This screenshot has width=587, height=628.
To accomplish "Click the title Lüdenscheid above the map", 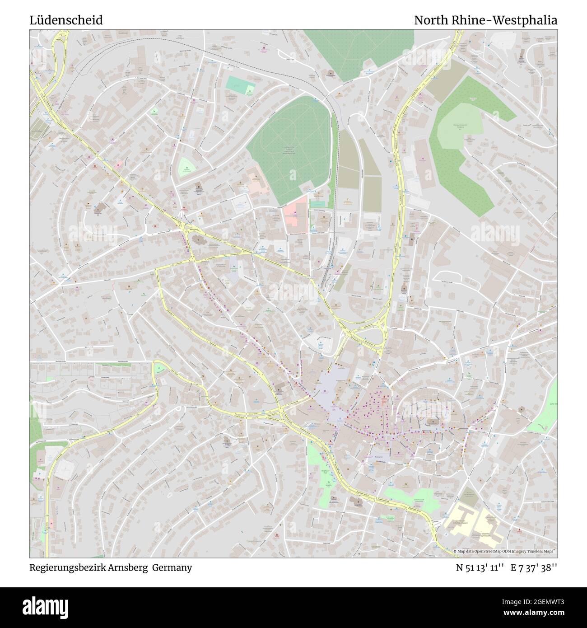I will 66,20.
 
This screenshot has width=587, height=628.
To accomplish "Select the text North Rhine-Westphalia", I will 485,20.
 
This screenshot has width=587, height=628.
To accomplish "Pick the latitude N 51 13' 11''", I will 480,567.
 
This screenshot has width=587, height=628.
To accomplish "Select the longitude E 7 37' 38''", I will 534,567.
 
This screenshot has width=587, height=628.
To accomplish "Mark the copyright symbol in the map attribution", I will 456,551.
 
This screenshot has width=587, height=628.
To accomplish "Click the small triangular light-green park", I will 186,167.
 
